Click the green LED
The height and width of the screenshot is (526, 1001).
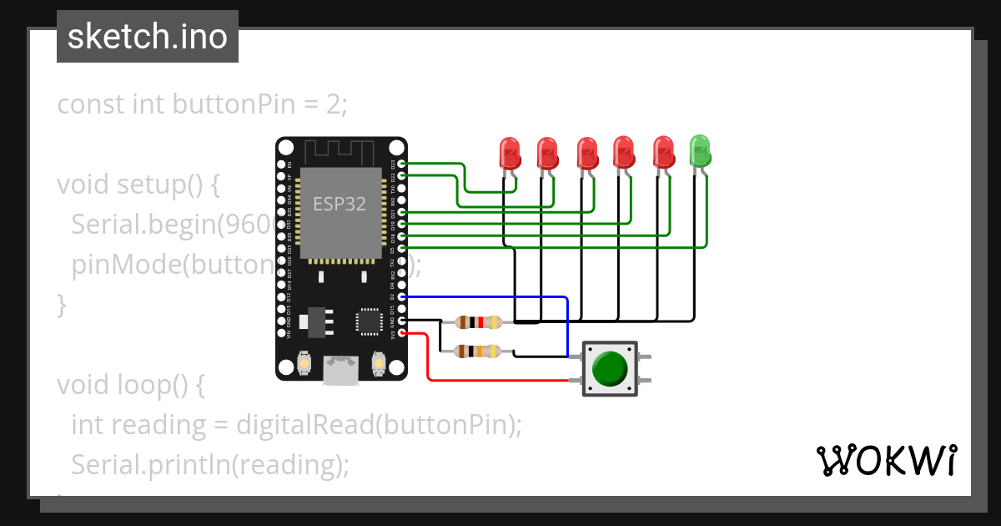(700, 150)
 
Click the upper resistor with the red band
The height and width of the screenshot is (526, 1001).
(478, 322)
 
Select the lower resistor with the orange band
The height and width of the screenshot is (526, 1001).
(478, 352)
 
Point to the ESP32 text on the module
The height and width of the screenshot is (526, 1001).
(340, 204)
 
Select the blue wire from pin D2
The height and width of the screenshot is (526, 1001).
(500, 297)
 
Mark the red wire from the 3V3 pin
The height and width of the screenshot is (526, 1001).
(500, 381)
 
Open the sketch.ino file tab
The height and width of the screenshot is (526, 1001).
(148, 37)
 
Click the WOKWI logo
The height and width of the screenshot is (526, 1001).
(887, 460)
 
